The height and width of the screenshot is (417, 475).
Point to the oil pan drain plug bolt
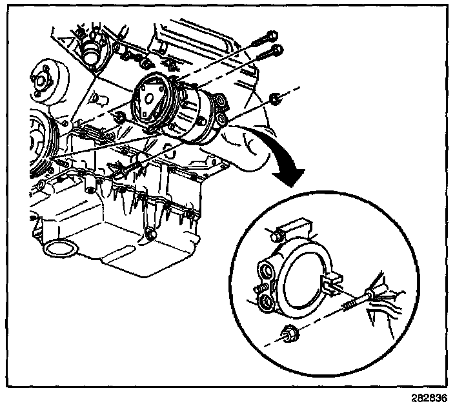[x=150, y=236]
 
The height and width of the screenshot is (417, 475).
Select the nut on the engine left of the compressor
[x=119, y=117]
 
